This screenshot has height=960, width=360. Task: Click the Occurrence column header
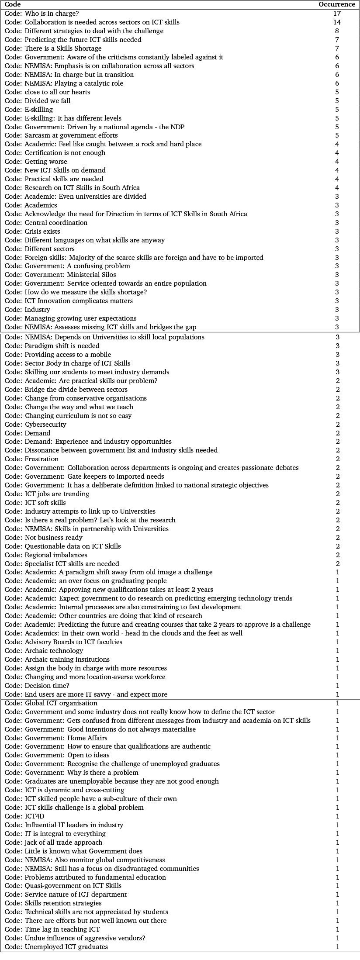[336, 4]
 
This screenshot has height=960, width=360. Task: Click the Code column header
[12, 4]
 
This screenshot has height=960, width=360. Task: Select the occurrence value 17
[336, 14]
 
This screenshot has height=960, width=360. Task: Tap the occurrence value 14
[336, 22]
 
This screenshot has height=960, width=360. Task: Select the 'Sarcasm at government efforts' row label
[61, 135]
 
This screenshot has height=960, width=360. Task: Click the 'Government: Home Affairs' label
[56, 738]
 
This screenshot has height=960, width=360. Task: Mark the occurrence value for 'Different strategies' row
[337, 31]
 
